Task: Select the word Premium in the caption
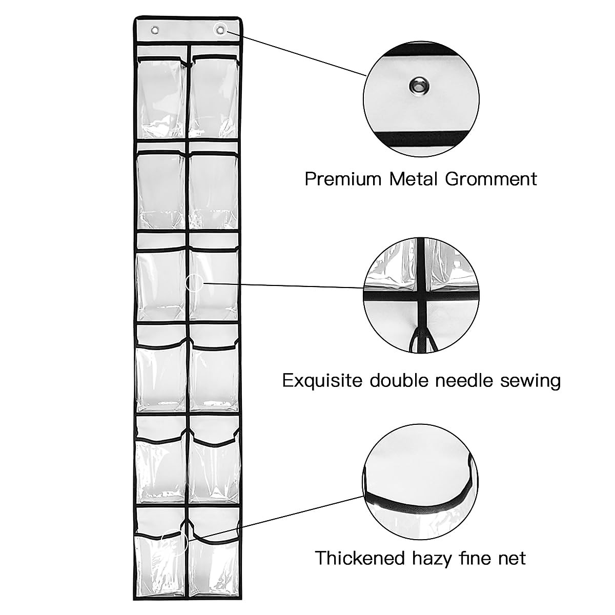(x=343, y=179)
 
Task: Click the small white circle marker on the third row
(x=194, y=283)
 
